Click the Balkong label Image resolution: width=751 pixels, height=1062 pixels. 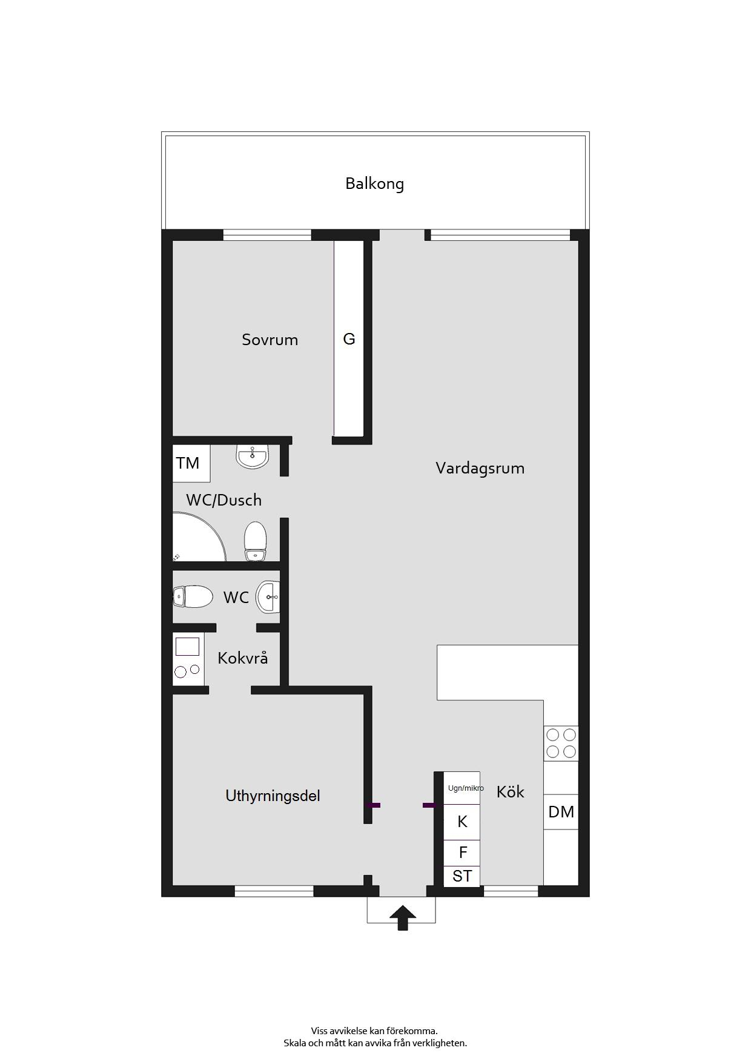tap(374, 183)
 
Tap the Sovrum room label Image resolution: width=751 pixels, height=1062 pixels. tap(270, 340)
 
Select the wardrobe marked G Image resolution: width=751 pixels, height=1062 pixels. tap(349, 338)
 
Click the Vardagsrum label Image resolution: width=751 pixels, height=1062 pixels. tap(480, 468)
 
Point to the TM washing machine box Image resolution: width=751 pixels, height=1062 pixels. tap(191, 463)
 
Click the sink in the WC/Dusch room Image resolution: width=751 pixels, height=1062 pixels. tap(252, 457)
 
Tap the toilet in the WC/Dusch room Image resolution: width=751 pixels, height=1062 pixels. tap(256, 541)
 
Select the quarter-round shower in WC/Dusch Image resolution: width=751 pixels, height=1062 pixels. tap(199, 536)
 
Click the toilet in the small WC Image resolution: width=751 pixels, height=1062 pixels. tap(193, 597)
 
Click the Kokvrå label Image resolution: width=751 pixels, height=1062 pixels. tap(242, 658)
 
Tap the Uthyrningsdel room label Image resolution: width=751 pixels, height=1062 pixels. tap(273, 796)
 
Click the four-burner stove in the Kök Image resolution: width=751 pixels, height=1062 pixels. tap(561, 743)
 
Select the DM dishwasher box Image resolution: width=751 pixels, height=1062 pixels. tap(561, 812)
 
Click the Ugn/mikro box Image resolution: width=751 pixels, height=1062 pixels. tap(462, 788)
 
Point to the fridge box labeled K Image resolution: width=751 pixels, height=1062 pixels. tap(462, 822)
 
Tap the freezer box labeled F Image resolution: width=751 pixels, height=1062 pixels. tap(462, 853)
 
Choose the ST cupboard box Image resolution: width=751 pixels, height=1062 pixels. tap(462, 877)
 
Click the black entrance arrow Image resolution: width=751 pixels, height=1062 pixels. tap(402, 918)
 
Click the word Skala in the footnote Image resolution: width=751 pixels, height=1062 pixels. tap(296, 1043)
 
